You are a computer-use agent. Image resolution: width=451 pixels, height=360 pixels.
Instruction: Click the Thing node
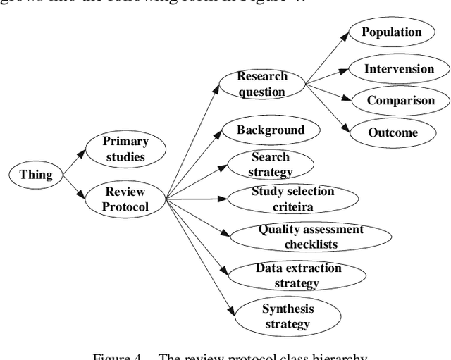point(36,174)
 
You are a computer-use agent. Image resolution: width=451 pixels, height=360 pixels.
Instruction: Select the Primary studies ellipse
point(125,149)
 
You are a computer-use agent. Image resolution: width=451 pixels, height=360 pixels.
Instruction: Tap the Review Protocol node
point(125,199)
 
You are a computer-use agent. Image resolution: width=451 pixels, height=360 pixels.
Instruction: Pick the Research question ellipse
point(261,84)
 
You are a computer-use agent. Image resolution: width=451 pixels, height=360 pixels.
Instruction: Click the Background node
point(271,130)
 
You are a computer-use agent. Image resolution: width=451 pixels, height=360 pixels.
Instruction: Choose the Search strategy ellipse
point(271,164)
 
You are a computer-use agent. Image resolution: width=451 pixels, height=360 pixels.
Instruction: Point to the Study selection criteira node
point(293,199)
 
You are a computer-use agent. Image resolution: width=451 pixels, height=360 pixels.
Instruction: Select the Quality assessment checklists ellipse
point(311,237)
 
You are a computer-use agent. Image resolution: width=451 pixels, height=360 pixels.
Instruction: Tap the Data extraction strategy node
point(298,275)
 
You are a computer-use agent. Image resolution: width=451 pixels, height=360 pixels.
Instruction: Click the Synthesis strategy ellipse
point(288,316)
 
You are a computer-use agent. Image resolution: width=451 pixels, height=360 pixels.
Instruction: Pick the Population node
point(391,32)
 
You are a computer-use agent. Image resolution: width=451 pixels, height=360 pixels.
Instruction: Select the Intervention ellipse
point(399,69)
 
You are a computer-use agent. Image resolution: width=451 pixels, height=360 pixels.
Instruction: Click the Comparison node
point(400,101)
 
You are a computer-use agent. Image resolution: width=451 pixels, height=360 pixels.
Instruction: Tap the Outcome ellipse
point(393,132)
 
